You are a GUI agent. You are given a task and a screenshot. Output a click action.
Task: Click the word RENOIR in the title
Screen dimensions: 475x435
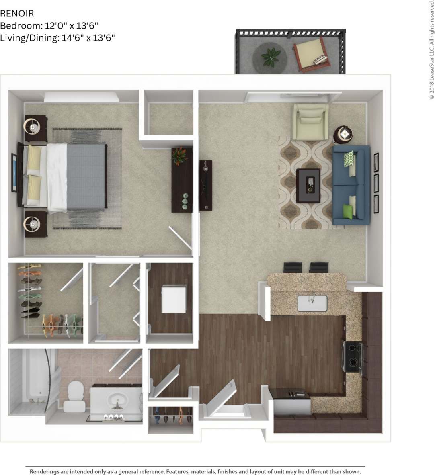[17, 13]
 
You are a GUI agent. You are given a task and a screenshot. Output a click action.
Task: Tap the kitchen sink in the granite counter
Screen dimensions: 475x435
[312, 303]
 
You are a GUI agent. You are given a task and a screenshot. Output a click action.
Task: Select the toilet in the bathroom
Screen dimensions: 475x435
[74, 396]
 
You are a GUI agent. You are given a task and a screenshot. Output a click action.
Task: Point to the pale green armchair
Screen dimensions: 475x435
[310, 122]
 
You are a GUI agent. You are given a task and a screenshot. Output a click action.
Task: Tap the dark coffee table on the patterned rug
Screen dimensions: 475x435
[308, 185]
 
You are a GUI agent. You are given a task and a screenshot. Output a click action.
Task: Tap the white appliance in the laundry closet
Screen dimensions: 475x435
[174, 298]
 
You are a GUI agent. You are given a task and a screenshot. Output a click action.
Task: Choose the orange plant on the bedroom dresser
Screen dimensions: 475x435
[179, 156]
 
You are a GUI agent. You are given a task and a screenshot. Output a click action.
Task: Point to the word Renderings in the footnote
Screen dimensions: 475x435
[46, 471]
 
